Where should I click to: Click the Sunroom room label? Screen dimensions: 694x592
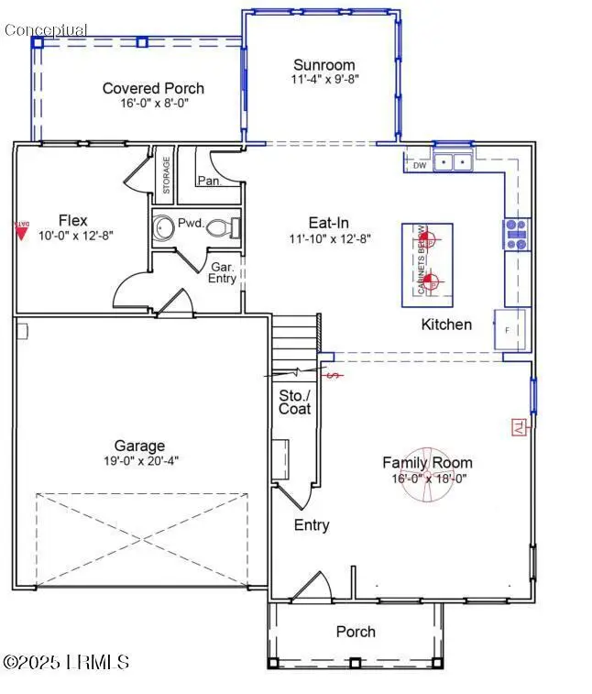pos(323,65)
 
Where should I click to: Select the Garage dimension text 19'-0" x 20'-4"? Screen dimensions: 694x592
pos(139,461)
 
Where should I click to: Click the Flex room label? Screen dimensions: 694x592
pos(72,220)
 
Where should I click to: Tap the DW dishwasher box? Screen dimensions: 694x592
pos(419,166)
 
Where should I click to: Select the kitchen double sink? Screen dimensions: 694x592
pos(453,163)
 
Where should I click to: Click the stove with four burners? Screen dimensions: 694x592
pos(516,235)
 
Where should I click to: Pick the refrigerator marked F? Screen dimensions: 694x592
pos(510,329)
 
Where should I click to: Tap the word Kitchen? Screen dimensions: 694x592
pos(446,325)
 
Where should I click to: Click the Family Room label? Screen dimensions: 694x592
pos(427,463)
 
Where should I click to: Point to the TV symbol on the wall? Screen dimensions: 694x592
pos(516,425)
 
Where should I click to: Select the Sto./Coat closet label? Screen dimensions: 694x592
pos(294,402)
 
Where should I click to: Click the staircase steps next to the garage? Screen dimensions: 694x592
pos(293,340)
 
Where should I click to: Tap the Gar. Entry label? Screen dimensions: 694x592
pos(224,272)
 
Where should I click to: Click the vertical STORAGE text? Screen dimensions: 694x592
pos(166,175)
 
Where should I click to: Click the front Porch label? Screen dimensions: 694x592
pos(356,632)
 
